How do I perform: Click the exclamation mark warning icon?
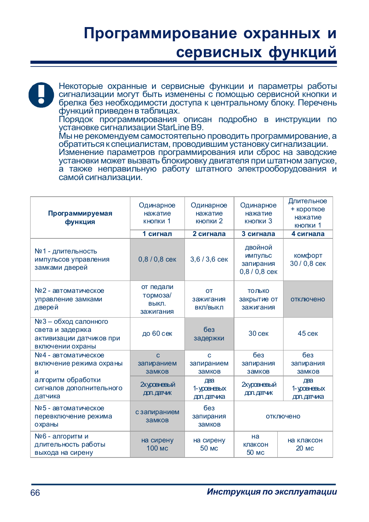click(x=41, y=95)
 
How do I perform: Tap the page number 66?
click(x=35, y=493)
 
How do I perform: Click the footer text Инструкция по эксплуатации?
click(x=272, y=491)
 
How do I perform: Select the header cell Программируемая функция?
click(x=80, y=218)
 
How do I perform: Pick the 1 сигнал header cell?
click(x=157, y=234)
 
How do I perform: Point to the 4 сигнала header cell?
click(x=308, y=234)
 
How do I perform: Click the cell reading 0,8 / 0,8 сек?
click(x=157, y=259)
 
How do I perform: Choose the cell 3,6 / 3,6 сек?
click(x=209, y=259)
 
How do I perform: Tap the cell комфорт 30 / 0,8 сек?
click(x=308, y=259)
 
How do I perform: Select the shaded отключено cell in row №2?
click(x=308, y=299)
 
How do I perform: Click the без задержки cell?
click(x=209, y=334)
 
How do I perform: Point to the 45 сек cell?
click(x=308, y=333)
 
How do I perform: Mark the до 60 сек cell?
click(x=157, y=333)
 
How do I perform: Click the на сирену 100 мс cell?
click(x=157, y=444)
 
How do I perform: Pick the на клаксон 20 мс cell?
click(x=305, y=444)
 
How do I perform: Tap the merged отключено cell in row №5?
click(x=283, y=416)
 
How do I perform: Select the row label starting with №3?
click(x=77, y=334)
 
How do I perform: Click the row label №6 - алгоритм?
click(x=70, y=444)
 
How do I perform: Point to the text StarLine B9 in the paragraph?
click(x=179, y=128)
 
